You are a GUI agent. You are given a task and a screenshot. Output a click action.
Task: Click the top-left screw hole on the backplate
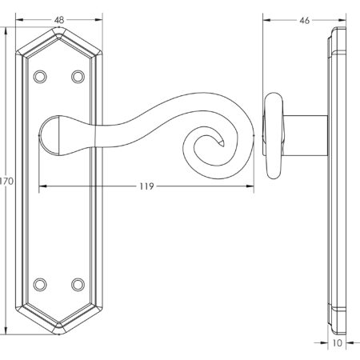40,77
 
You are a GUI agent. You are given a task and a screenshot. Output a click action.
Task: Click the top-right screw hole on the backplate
78,77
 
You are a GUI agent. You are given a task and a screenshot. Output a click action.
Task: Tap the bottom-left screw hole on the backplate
40,284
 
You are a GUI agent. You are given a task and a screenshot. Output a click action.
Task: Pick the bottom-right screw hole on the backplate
78,284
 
